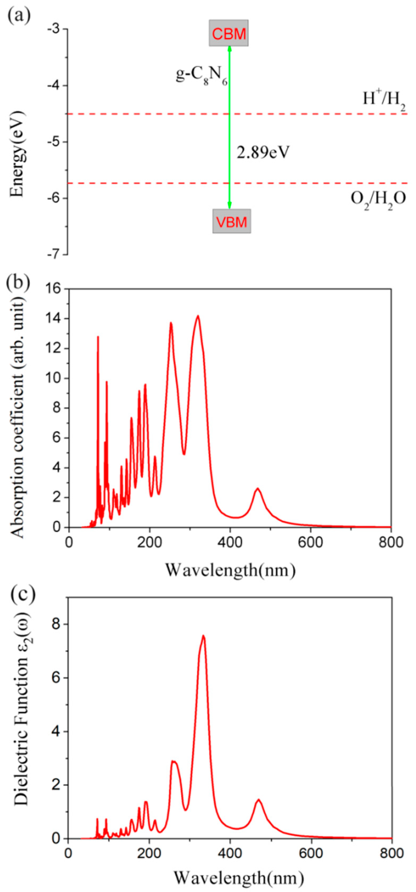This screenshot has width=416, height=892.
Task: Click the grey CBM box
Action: (x=228, y=33)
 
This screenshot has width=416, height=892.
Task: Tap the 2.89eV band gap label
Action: (x=263, y=152)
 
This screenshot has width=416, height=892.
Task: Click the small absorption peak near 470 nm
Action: (x=257, y=489)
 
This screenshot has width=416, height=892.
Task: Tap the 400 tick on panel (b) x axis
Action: (x=230, y=542)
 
